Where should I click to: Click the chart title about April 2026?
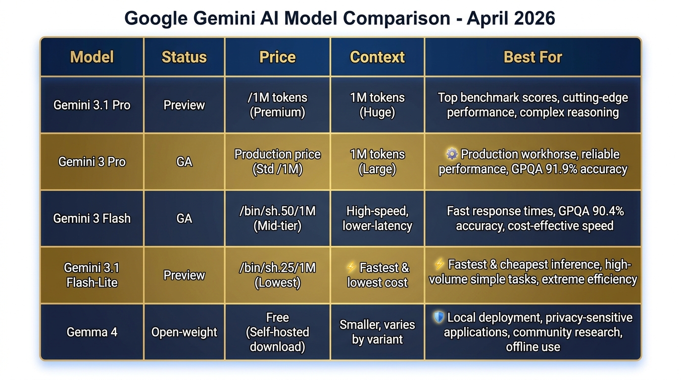[x=340, y=18]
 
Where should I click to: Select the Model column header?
[x=92, y=57]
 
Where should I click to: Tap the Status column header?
[x=184, y=57]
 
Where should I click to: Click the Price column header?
[x=277, y=57]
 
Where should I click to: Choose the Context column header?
[x=377, y=57]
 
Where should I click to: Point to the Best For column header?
[x=533, y=57]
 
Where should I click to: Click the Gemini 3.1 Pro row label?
[x=92, y=105]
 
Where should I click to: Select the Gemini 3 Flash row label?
[x=92, y=218]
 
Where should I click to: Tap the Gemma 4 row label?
[x=92, y=332]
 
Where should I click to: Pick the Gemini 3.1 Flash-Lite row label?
[x=92, y=275]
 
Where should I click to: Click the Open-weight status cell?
[x=184, y=332]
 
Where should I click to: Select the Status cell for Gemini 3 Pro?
[x=184, y=162]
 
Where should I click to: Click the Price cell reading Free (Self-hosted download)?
[x=277, y=332]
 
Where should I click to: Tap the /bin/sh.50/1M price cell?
[x=277, y=218]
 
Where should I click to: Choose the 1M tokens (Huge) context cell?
[x=377, y=105]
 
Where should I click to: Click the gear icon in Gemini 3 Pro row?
[x=451, y=154]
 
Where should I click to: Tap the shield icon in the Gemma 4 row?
[x=438, y=317]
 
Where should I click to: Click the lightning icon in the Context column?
[x=351, y=268]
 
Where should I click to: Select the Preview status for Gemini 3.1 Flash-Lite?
[x=184, y=275]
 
